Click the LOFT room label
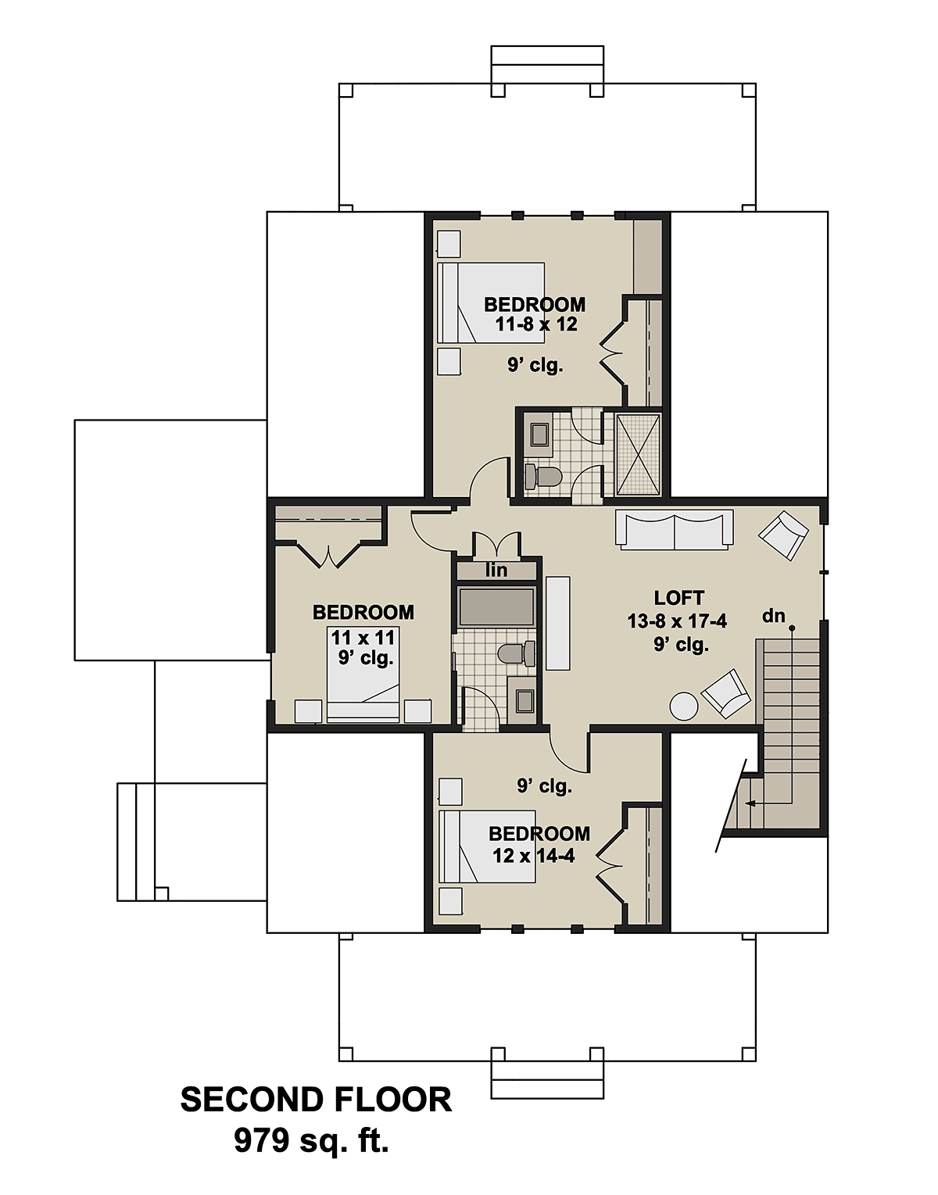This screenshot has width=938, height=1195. pos(678,598)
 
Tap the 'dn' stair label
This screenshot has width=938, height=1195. pos(773,616)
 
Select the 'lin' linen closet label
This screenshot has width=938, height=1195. pos(496,571)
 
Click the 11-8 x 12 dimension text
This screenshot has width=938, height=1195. pos(535,324)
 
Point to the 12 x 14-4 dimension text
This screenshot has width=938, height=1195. pos(533,856)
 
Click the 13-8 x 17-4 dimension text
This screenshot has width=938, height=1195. pos(677,621)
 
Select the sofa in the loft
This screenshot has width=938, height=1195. pos(674,529)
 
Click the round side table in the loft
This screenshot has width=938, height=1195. pos(684,707)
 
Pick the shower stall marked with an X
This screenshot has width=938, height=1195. pos(638,454)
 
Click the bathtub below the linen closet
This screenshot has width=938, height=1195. pos(496,606)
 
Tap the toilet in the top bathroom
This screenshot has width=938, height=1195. pos(542,474)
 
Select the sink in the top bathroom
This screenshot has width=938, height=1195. pos(539,434)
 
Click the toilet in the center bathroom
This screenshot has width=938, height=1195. pos(516,653)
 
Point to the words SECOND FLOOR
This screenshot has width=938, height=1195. pos(316,1100)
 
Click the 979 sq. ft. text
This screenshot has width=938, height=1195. pos(311,1142)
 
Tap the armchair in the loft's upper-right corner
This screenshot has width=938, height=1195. pos(783,535)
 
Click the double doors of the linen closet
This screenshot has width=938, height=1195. pos(496,544)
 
